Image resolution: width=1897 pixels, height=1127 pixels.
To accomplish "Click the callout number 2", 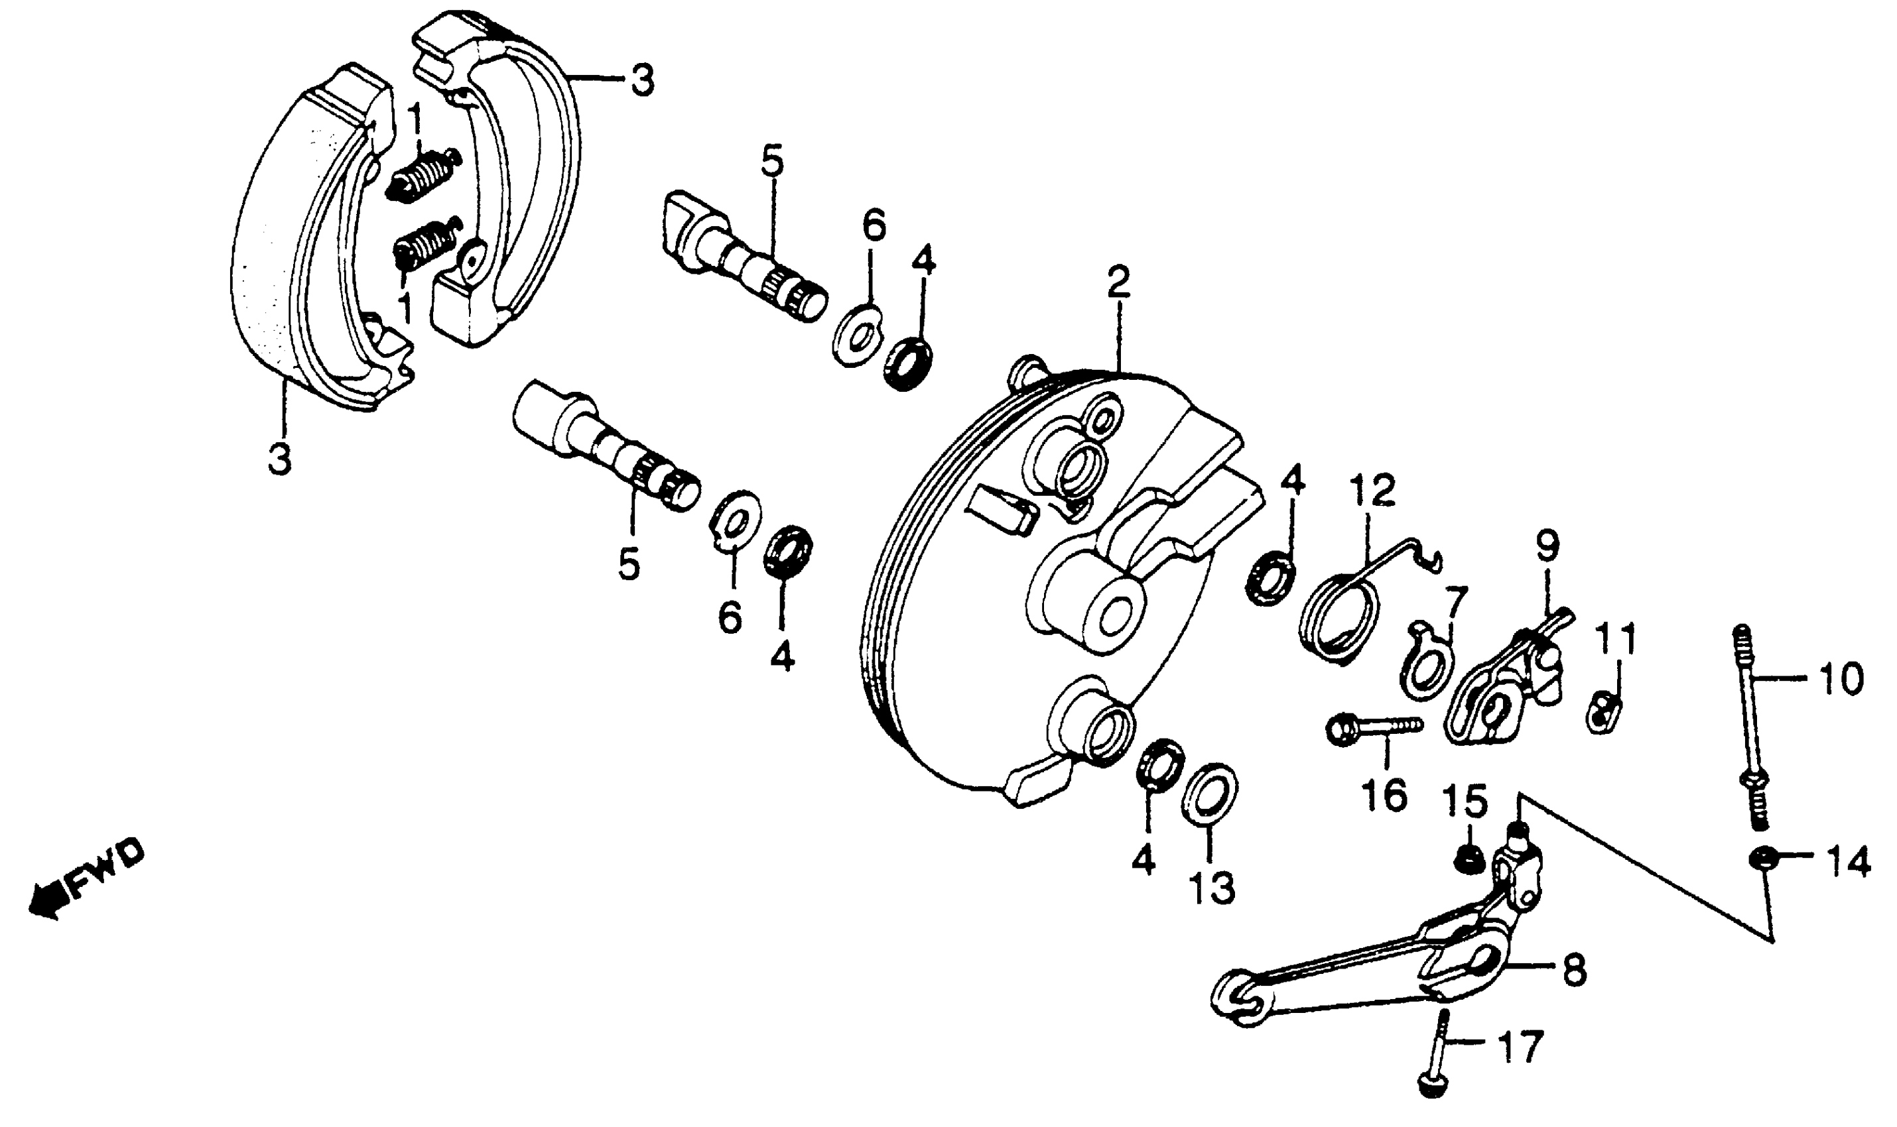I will click(1118, 282).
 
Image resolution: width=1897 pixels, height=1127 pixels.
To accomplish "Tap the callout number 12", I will click(1374, 490).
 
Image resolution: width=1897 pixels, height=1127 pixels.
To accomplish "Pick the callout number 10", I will click(1841, 678).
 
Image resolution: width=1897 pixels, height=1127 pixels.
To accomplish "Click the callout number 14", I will click(1848, 862).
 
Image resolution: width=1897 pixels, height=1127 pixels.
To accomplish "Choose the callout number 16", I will click(1385, 796).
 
